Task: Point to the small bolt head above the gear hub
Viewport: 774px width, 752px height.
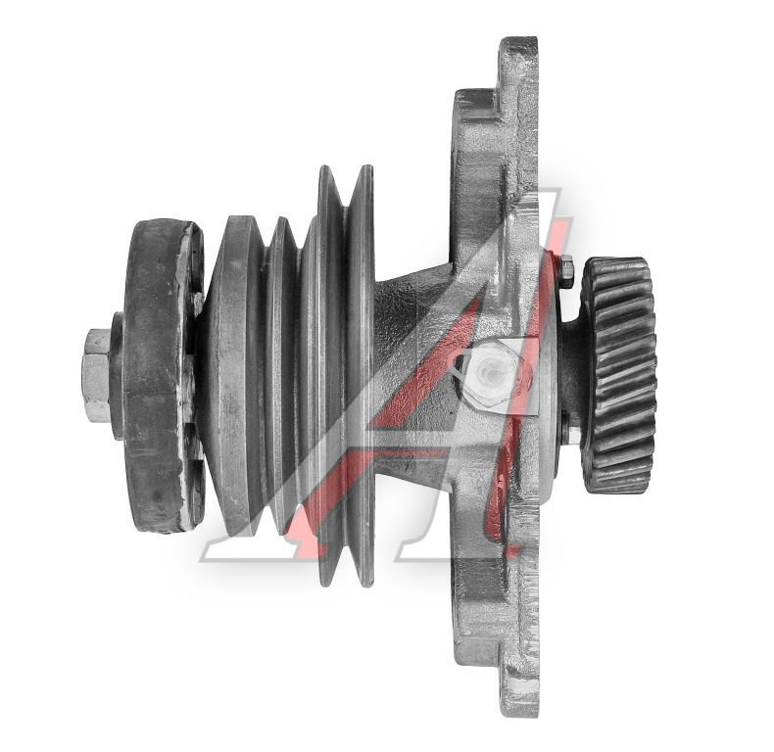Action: [x=566, y=271]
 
